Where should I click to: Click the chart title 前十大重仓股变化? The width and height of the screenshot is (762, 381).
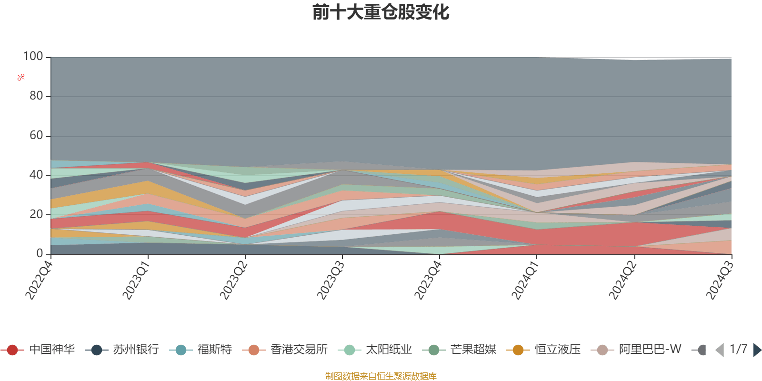pyautogui.click(x=381, y=12)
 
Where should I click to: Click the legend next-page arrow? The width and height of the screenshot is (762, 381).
pyautogui.click(x=757, y=350)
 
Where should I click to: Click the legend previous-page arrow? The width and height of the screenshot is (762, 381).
pyautogui.click(x=719, y=350)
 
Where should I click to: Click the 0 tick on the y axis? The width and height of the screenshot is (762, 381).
pyautogui.click(x=40, y=254)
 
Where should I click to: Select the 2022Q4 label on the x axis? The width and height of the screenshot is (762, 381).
pyautogui.click(x=39, y=281)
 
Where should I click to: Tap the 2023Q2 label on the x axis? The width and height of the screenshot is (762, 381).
pyautogui.click(x=233, y=281)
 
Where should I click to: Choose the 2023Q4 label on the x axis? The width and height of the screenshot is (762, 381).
pyautogui.click(x=428, y=281)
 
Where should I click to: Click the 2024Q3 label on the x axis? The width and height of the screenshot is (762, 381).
pyautogui.click(x=720, y=281)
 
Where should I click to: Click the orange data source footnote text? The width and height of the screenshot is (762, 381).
pyautogui.click(x=381, y=376)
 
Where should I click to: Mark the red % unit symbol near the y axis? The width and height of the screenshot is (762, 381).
pyautogui.click(x=21, y=77)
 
